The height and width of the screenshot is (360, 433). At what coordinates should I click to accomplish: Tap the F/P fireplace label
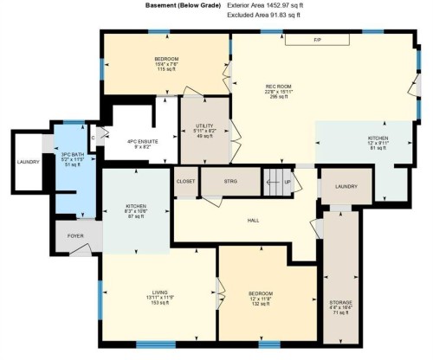317,40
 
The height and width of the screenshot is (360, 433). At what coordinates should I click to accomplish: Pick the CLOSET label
186,181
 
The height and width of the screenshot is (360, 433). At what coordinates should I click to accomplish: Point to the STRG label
230,181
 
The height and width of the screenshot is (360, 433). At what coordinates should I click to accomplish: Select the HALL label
254,220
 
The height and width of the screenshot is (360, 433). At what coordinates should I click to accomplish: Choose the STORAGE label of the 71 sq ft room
340,302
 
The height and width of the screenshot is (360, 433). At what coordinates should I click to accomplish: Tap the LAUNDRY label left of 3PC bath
28,161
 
